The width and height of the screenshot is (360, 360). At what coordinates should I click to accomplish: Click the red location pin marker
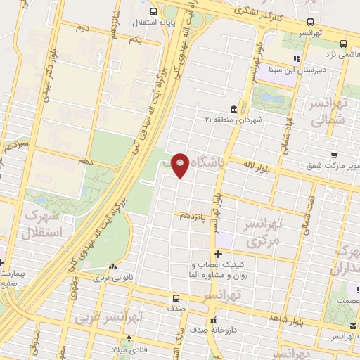click(181, 165)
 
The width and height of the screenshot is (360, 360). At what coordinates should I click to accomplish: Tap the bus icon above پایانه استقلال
click(154, 11)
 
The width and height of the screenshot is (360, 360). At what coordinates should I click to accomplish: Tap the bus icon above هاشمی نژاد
click(342, 42)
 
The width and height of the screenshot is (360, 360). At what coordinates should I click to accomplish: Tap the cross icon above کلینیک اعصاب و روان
click(219, 253)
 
